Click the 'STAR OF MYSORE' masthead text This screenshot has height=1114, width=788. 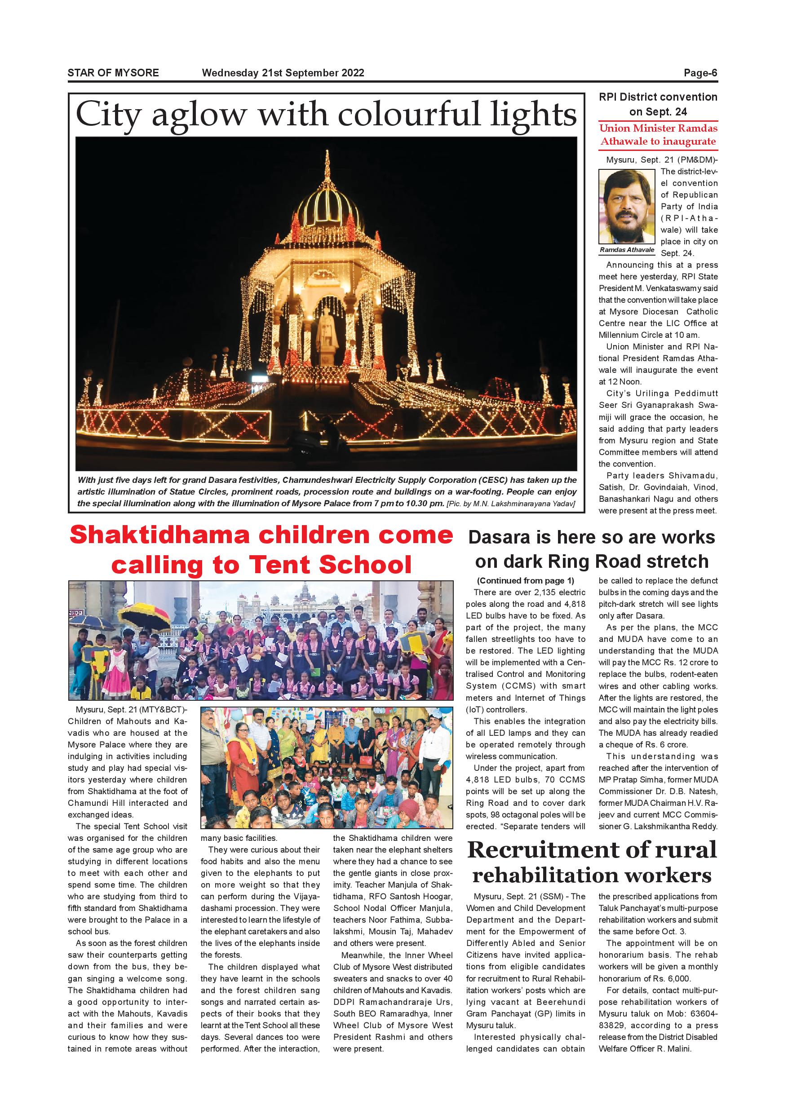click(113, 73)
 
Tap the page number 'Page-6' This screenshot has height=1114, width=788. click(700, 73)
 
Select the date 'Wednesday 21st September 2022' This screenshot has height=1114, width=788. click(283, 73)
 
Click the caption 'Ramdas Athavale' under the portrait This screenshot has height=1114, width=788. click(627, 250)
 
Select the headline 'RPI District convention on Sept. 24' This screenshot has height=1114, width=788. click(658, 104)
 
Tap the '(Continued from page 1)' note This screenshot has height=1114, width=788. click(525, 581)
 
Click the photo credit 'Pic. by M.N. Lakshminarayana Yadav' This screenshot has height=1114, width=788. click(511, 504)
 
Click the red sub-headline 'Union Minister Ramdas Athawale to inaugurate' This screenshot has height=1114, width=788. click(658, 135)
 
